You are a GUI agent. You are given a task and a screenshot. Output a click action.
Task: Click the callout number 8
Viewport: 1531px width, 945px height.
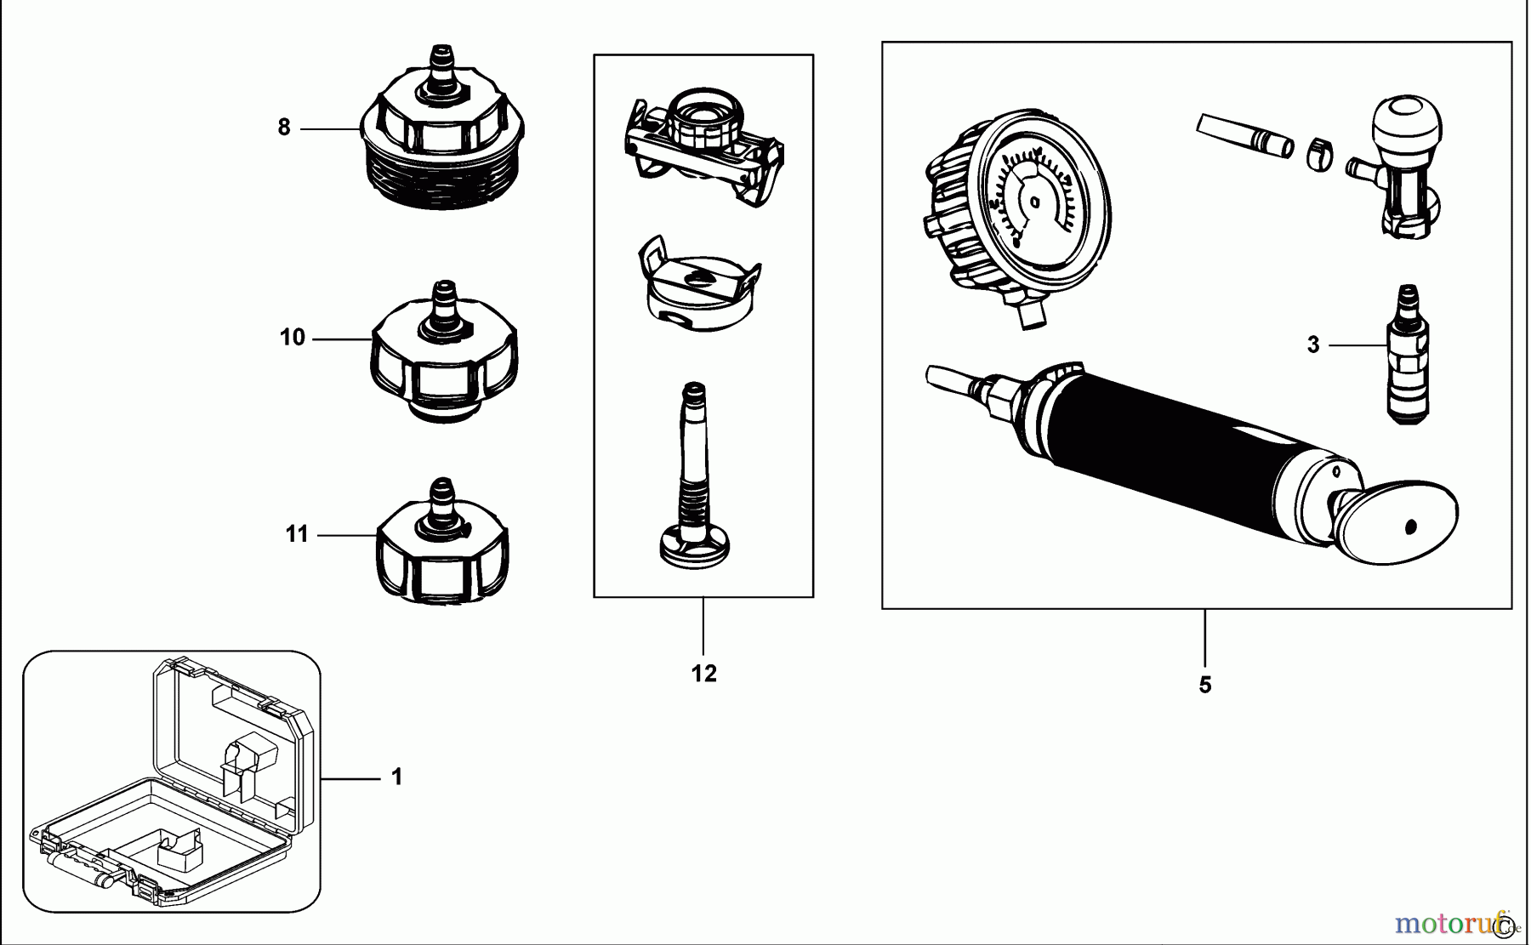pos(284,128)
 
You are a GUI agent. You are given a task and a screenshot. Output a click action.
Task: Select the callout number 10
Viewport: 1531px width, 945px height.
pos(292,338)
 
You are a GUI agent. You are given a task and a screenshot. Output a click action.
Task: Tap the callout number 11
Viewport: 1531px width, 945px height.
pos(296,534)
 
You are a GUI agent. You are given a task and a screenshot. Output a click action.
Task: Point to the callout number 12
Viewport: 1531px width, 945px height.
pos(703,674)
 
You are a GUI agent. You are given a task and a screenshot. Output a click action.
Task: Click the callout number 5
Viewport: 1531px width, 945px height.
pos(1204,686)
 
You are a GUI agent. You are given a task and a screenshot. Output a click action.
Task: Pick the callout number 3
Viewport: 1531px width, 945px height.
pos(1313,345)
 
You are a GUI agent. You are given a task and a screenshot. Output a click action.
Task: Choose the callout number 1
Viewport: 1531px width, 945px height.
pos(396,777)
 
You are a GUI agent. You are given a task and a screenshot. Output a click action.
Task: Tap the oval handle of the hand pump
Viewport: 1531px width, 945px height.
pos(1395,523)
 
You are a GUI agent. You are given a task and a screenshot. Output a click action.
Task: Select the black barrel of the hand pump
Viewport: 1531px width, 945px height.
pos(1174,451)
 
